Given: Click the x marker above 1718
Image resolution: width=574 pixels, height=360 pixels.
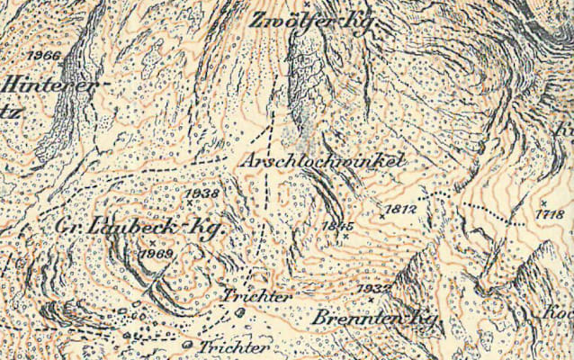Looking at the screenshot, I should pos(543,202).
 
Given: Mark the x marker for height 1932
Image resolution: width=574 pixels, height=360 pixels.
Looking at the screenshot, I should pos(370,299).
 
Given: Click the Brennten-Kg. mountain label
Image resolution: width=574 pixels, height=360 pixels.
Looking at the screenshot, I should pos(375,319).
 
